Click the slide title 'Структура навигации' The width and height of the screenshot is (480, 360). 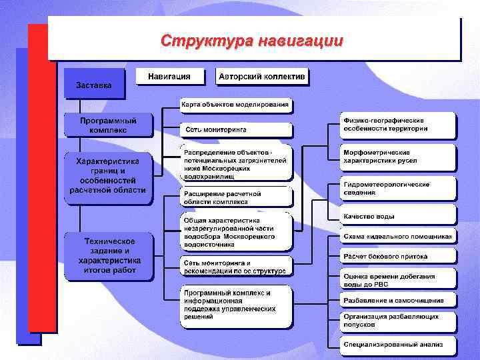252,41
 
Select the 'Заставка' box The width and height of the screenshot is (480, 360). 94,85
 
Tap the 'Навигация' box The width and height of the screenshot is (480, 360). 169,77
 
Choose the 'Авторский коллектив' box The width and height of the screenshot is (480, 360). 262,77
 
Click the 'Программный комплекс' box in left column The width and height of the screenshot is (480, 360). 108,125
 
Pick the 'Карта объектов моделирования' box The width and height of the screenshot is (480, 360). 236,104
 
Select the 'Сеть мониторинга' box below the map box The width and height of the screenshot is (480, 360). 236,129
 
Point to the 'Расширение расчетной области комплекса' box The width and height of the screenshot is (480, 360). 236,197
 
